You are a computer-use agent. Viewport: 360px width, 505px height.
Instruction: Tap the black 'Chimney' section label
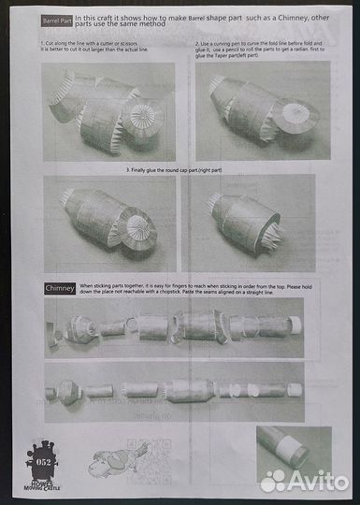61,289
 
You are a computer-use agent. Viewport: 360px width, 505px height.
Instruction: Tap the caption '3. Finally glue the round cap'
181,171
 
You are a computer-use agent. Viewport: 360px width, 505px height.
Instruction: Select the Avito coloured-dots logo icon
275,480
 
